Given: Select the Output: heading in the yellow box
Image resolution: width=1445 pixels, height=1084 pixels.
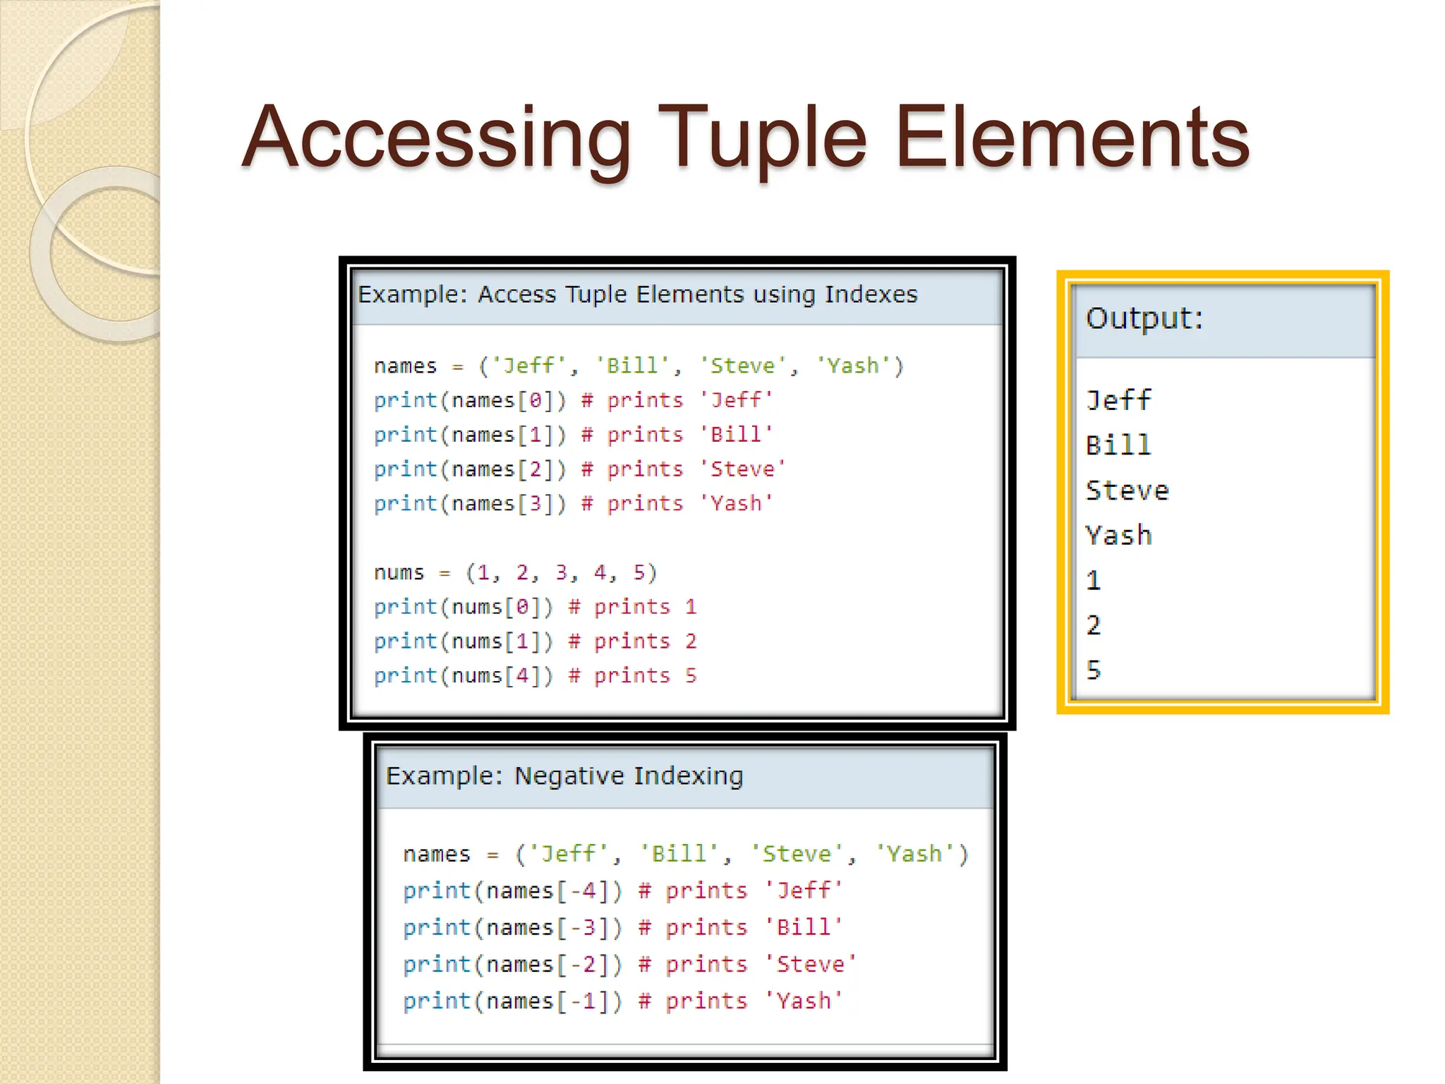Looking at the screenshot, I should coord(1144,318).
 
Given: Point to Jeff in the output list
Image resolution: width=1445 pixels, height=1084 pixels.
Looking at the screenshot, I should coord(1118,401).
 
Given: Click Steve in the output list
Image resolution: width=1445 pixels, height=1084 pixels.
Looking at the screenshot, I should coord(1127,490).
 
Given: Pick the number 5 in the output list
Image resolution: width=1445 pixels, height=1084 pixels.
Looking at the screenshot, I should coord(1094,670).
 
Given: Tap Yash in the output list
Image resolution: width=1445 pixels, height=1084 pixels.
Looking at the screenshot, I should coord(1118,536).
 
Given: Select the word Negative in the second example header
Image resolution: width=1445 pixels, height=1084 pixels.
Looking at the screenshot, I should coord(569,776).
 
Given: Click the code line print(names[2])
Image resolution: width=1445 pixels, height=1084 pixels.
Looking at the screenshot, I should coord(470,469).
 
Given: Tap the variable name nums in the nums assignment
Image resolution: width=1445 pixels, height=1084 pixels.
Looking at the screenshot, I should coord(399,572).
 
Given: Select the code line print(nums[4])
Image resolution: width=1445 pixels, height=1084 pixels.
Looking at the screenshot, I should coord(463,676).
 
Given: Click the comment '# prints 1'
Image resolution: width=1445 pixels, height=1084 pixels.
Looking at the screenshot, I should coord(632,607).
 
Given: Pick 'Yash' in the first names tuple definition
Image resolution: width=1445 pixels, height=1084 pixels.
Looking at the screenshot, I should coord(852,366).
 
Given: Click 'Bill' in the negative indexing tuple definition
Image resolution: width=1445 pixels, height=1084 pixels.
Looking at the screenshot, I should coord(678,854).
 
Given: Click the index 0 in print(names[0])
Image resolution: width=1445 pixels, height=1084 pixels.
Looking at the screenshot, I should coord(536,401).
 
